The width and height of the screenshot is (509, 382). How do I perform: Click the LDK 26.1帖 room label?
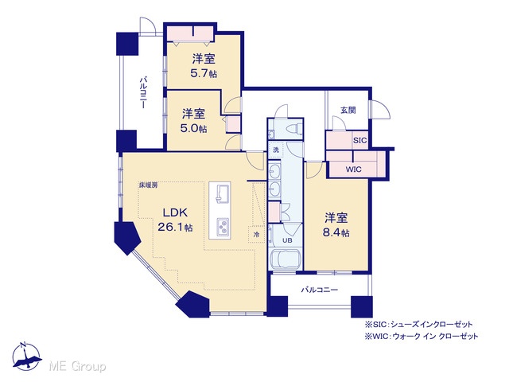tap(175, 220)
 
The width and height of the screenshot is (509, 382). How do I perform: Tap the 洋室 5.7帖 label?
tap(204, 66)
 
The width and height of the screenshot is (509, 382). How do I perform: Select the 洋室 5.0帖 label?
tap(193, 121)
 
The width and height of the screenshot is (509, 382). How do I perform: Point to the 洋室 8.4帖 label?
tap(336, 225)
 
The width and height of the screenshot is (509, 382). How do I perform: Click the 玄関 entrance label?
tap(348, 110)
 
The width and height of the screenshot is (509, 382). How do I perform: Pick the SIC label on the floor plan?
tap(359, 141)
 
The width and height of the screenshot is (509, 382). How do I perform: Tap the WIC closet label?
tap(353, 170)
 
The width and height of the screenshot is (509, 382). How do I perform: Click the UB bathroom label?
tap(287, 240)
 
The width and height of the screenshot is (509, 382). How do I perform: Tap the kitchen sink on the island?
tap(220, 193)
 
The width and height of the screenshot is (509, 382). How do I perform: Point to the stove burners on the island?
tap(223, 226)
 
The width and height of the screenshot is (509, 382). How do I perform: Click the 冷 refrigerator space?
tap(256, 234)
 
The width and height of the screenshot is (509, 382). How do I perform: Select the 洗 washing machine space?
tap(276, 150)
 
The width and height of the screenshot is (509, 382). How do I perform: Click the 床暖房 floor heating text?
tap(148, 185)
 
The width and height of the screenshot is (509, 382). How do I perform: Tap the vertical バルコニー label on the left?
tap(143, 92)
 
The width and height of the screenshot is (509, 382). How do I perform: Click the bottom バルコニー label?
tap(320, 290)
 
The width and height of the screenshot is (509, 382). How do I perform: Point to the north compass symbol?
tap(27, 356)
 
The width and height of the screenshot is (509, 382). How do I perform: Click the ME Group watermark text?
tap(77, 367)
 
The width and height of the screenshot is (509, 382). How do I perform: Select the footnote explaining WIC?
tap(422, 336)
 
